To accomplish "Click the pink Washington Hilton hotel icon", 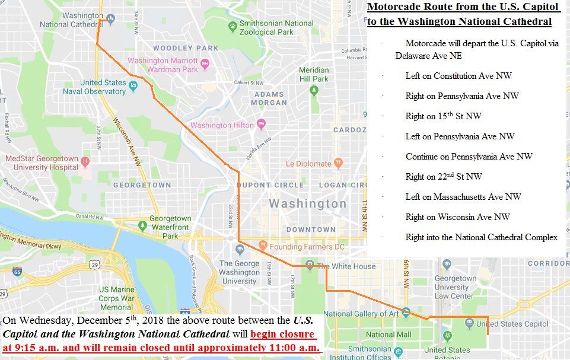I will pyautogui.click(x=261, y=125).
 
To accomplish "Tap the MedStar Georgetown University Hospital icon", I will pyautogui.click(x=85, y=161).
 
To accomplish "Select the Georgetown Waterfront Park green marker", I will pyautogui.click(x=142, y=226).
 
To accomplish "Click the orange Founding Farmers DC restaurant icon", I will pyautogui.click(x=262, y=246).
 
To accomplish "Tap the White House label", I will pyautogui.click(x=347, y=266).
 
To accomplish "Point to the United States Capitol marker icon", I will pyautogui.click(x=469, y=323).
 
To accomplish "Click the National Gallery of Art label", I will pyautogui.click(x=361, y=314).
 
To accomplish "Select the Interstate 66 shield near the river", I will pyautogui.click(x=17, y=272).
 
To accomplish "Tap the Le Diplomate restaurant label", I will pyautogui.click(x=308, y=164).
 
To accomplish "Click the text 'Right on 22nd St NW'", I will pyautogui.click(x=444, y=177).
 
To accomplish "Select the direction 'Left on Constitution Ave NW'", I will pyautogui.click(x=458, y=76).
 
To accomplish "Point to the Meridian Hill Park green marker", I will pyautogui.click(x=314, y=90).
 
